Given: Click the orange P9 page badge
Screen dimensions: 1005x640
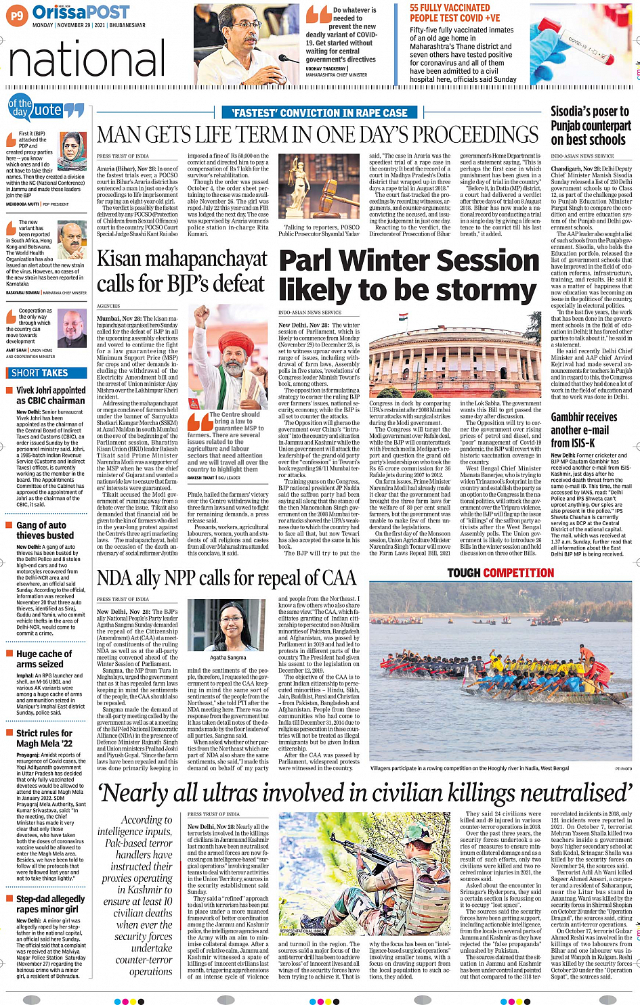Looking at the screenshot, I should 17,15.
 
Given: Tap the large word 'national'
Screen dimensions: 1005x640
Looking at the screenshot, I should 87,60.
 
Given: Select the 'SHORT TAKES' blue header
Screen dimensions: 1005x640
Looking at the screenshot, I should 39,373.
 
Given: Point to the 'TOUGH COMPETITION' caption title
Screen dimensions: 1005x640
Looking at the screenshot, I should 500,573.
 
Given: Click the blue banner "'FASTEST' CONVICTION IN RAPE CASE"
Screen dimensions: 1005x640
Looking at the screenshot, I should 319,113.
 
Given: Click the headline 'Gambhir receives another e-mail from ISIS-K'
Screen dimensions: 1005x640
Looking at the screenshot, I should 584,430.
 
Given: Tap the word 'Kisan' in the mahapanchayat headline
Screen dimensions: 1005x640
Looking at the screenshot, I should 123,259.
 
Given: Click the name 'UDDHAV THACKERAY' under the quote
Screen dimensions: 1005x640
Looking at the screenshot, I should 326,69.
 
